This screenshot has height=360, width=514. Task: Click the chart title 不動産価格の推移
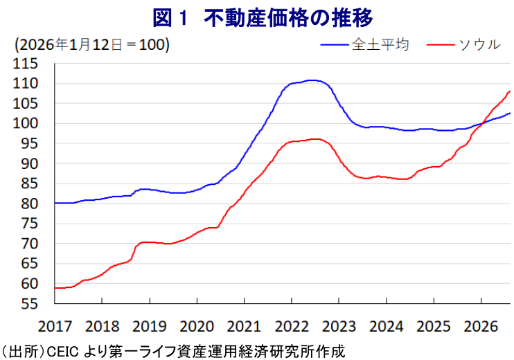click(x=288, y=17)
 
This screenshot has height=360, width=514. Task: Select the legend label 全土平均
click(x=380, y=44)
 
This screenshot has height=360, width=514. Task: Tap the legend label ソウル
click(x=479, y=44)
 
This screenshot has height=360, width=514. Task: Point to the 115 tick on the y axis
click(x=25, y=64)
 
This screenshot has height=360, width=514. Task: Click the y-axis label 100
click(x=25, y=123)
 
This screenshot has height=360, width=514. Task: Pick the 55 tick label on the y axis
click(x=30, y=304)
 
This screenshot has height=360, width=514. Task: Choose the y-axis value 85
click(x=30, y=183)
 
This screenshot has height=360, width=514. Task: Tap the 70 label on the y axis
click(x=30, y=244)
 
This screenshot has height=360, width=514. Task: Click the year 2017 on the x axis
click(x=55, y=326)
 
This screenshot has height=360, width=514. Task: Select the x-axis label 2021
click(x=244, y=326)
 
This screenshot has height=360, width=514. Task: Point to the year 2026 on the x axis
click(x=481, y=326)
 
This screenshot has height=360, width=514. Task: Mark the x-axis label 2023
click(x=339, y=326)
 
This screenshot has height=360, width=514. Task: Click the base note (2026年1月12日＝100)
click(x=91, y=44)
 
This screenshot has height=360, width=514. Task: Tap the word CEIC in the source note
click(x=63, y=352)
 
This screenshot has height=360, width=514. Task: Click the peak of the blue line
click(x=313, y=80)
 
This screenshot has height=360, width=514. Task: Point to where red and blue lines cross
click(x=481, y=124)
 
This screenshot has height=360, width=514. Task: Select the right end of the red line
click(x=510, y=91)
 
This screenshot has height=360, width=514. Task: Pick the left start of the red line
click(x=55, y=288)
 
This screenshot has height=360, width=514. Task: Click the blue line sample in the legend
click(x=335, y=45)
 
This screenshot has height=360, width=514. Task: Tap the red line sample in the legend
click(x=441, y=45)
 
